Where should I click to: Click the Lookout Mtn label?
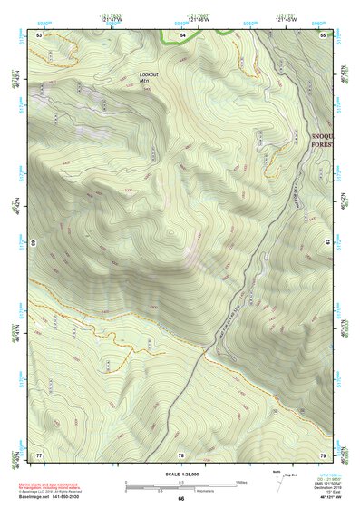pyautogui.click(x=149, y=76)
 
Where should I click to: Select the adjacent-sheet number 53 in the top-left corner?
pyautogui.click(x=39, y=34)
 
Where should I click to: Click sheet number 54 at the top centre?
pyautogui.click(x=181, y=34)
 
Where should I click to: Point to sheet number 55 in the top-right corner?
pyautogui.click(x=323, y=34)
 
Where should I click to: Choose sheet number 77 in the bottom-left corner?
pyautogui.click(x=39, y=454)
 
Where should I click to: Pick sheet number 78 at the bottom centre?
pyautogui.click(x=181, y=455)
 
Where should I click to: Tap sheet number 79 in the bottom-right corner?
pyautogui.click(x=323, y=454)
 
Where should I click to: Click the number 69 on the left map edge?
pyautogui.click(x=34, y=243)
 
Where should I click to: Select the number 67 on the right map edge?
pyautogui.click(x=328, y=243)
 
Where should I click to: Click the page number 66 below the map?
pyautogui.click(x=180, y=498)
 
